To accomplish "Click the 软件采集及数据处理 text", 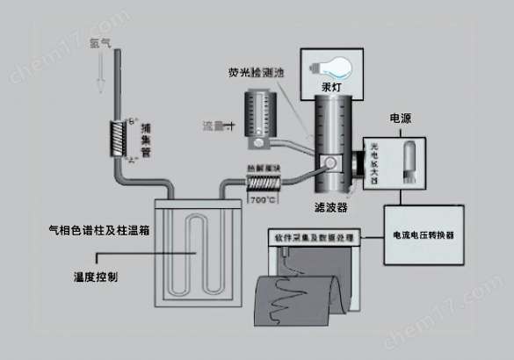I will coord(315,238).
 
